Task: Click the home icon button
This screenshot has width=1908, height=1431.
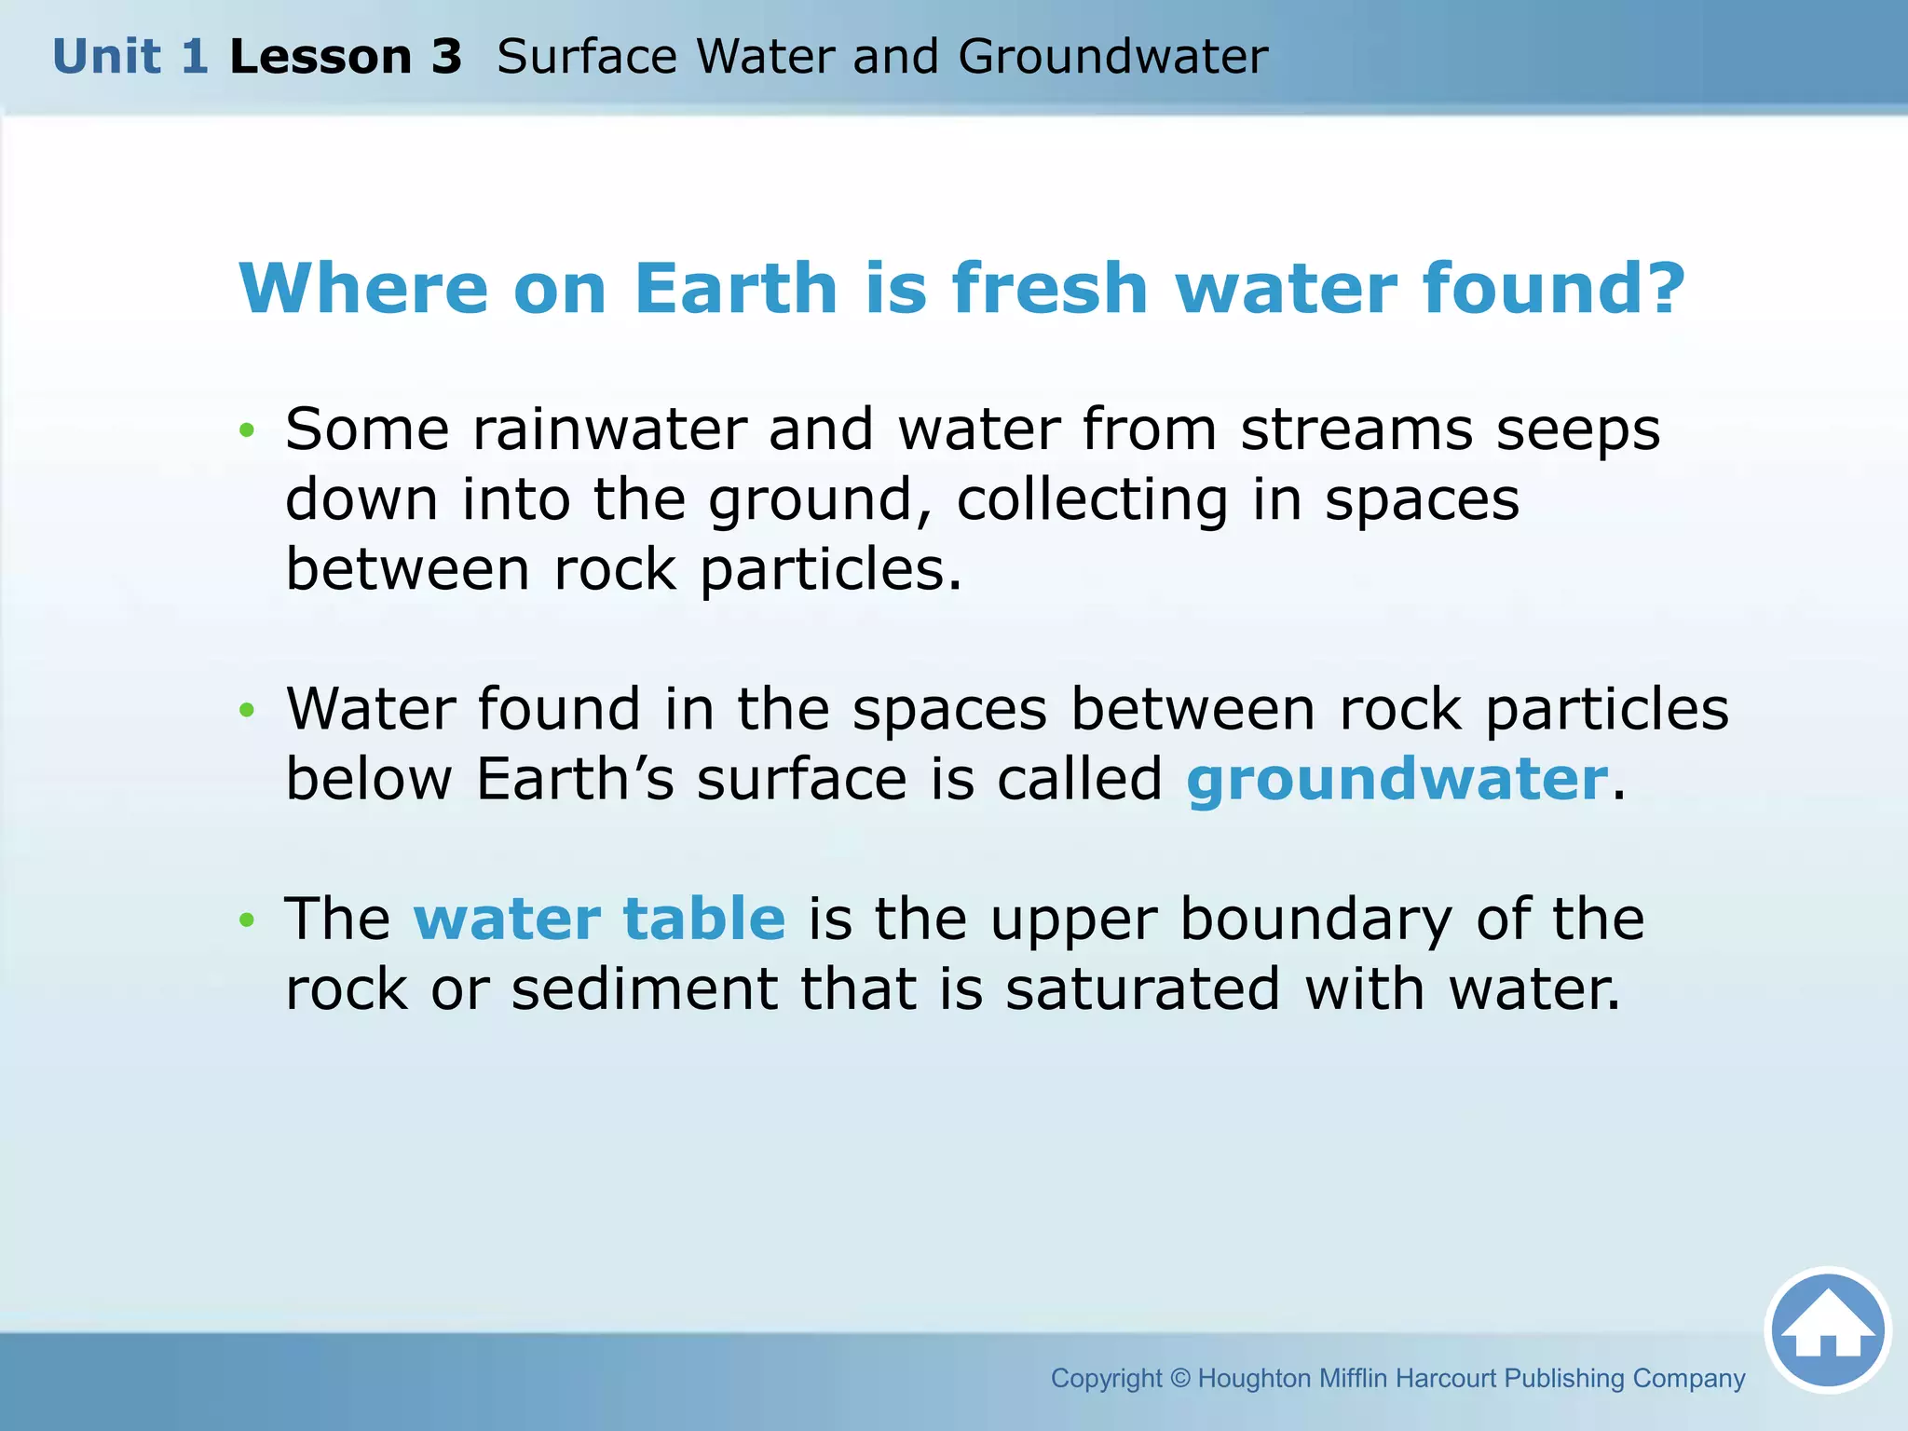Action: click(1827, 1329)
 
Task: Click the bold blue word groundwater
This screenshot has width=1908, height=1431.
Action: click(1397, 780)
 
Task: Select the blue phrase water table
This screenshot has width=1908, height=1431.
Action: click(599, 920)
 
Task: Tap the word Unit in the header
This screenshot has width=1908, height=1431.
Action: click(106, 57)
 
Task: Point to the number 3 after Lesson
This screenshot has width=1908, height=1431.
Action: click(445, 57)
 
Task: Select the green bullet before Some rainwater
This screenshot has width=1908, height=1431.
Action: click(246, 430)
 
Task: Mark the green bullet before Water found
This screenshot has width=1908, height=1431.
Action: click(246, 711)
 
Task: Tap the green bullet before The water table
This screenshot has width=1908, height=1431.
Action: click(246, 920)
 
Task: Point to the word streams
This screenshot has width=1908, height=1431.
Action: click(1356, 429)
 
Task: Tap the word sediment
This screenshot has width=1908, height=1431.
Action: click(644, 989)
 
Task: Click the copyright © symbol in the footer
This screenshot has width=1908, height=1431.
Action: click(1179, 1378)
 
